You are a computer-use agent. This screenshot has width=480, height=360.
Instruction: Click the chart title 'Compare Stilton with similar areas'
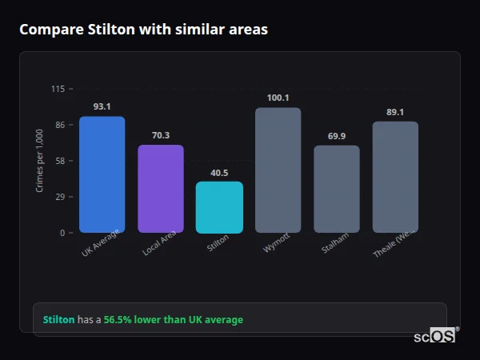143,30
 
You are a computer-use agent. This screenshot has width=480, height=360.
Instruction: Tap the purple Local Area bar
161,189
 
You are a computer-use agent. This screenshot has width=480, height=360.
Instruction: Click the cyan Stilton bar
219,207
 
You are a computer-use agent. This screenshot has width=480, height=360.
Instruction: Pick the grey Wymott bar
278,170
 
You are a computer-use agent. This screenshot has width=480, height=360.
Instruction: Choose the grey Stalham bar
337,189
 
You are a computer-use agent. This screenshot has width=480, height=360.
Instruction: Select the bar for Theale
395,177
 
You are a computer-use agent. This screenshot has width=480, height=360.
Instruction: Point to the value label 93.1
102,106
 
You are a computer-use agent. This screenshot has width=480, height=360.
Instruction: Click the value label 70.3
161,135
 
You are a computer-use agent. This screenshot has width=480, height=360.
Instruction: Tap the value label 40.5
219,172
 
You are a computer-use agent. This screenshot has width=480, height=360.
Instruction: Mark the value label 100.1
278,98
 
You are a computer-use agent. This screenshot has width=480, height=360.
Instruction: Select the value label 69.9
337,136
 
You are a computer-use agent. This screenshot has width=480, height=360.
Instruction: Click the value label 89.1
395,112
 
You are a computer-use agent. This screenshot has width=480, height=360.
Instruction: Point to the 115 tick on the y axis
58,89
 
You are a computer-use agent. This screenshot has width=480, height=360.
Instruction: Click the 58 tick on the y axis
59,161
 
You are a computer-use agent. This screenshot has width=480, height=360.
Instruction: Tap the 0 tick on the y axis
62,233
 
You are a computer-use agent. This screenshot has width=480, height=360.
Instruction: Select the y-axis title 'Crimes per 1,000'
40,161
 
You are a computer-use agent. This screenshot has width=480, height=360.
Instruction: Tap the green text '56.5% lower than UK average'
173,320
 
